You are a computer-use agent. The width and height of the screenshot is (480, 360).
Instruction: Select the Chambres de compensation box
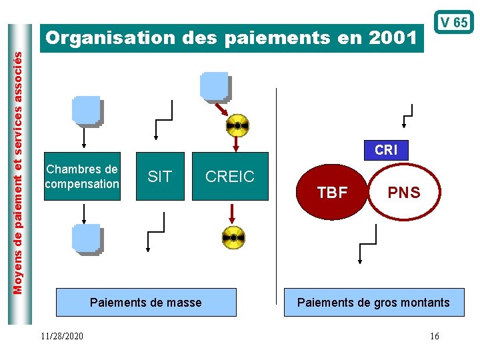point(82,177)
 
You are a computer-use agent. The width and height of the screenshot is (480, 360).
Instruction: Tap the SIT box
point(159,177)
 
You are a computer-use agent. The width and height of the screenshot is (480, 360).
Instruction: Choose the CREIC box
point(230,177)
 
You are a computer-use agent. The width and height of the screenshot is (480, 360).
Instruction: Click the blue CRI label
point(386,150)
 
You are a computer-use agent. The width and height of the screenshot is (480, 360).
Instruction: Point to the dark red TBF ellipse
point(332,193)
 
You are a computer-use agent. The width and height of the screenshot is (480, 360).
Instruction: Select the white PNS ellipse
point(404,193)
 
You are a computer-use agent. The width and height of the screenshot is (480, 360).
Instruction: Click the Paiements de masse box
point(145,302)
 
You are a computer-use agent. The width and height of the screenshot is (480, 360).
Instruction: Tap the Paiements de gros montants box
point(373,302)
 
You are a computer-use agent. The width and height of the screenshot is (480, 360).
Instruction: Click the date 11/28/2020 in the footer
point(61,336)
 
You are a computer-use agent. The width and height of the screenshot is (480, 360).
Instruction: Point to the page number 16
point(434,336)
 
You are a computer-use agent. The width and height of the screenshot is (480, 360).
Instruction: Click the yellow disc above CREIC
point(237,125)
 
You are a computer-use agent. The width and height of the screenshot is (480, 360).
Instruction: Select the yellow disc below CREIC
point(233,237)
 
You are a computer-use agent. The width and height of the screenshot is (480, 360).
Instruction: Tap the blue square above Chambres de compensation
point(86,111)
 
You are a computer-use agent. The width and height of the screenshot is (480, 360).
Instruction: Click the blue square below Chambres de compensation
point(86,239)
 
